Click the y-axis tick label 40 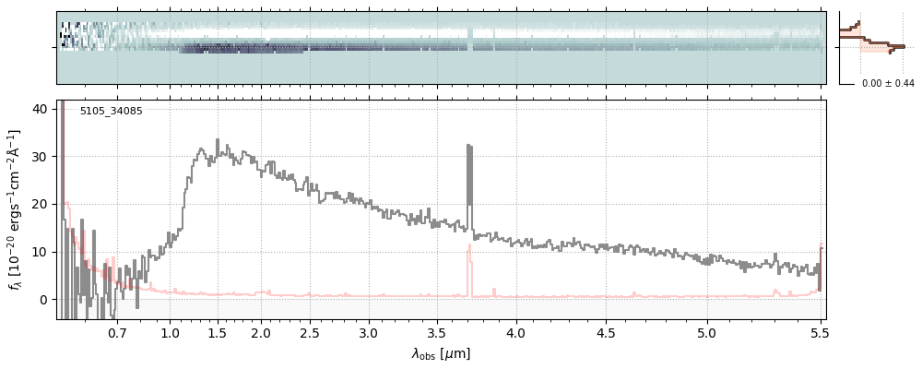[x=40, y=109]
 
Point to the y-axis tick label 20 [x=40, y=204]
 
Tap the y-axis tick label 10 [x=40, y=252]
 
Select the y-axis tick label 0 [x=43, y=300]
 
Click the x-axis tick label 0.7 [x=117, y=333]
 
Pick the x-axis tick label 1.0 [x=170, y=333]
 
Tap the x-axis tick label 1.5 [x=217, y=333]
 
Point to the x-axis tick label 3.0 [x=368, y=333]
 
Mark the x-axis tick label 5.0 [x=707, y=333]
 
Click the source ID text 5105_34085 [x=111, y=112]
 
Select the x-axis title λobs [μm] [x=441, y=354]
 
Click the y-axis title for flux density [x=16, y=209]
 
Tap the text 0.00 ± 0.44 [x=888, y=84]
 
